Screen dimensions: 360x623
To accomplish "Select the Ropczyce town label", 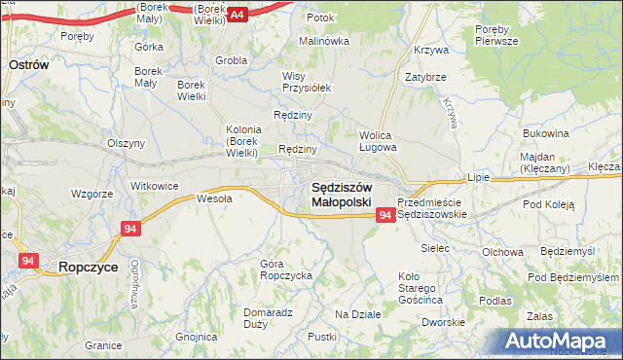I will (x=89, y=266).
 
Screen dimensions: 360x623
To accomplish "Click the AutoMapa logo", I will (x=560, y=342).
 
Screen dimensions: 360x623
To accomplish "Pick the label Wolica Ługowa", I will (x=378, y=142).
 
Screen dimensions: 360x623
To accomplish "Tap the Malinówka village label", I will (x=323, y=41).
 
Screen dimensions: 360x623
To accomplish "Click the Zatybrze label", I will (x=425, y=76).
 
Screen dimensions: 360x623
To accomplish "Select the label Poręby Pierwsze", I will (x=501, y=35).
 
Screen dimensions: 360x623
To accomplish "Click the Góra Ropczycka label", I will (x=285, y=270).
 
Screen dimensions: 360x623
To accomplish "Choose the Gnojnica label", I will (x=197, y=337).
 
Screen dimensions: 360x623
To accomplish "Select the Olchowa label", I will (x=502, y=252).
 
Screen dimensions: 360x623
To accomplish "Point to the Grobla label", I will (x=231, y=60).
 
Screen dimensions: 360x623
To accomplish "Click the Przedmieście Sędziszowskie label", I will (x=434, y=207).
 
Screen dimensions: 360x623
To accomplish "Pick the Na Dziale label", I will (x=357, y=314).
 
